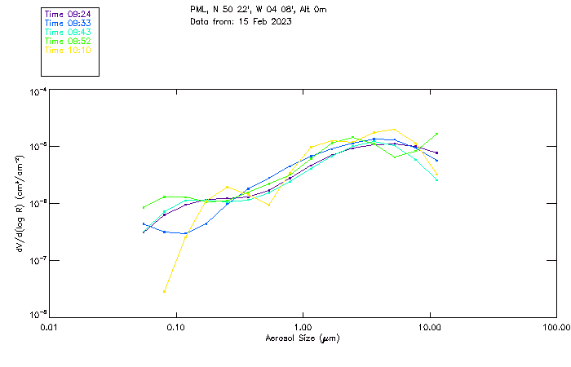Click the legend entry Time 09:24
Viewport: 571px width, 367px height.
click(68, 15)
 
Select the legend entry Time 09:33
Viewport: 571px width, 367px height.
click(68, 24)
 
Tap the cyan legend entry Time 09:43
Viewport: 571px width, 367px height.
click(68, 33)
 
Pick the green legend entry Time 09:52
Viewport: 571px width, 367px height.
click(68, 42)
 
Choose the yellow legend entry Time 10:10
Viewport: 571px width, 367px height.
click(68, 51)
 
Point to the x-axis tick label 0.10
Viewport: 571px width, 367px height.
click(175, 327)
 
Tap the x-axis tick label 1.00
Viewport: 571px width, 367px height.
click(303, 327)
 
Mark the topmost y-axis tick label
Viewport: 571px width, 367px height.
click(37, 93)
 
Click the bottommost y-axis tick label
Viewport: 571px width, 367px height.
click(37, 313)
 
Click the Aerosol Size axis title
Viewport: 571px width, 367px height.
click(302, 338)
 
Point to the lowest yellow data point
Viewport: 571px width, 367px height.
click(165, 291)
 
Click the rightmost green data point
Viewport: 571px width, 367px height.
click(437, 134)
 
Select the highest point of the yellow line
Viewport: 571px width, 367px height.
click(395, 129)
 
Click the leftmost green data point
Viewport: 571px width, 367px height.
click(144, 207)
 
